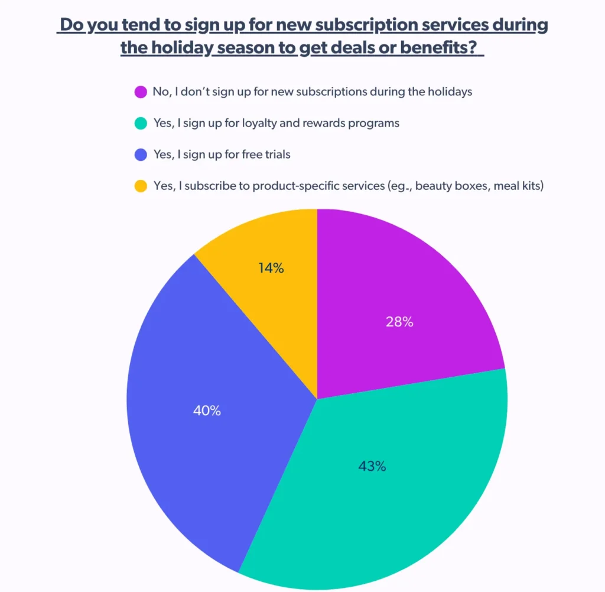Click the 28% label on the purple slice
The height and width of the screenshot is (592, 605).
pyautogui.click(x=399, y=322)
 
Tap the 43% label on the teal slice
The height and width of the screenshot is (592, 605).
pyautogui.click(x=372, y=466)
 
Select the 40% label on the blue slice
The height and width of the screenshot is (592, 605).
pyautogui.click(x=207, y=410)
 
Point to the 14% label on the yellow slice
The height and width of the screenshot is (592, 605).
pyautogui.click(x=271, y=268)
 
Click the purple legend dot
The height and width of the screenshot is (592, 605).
pyautogui.click(x=141, y=92)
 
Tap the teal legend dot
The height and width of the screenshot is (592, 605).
pyautogui.click(x=141, y=124)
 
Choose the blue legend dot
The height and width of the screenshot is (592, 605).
pyautogui.click(x=141, y=155)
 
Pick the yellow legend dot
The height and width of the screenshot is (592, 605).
pyautogui.click(x=141, y=186)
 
